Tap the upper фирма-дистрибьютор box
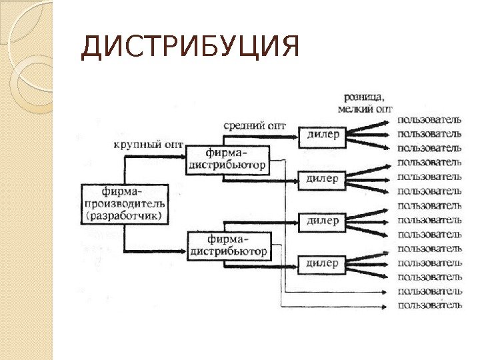(x=228, y=159)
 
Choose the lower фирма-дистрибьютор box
(x=229, y=245)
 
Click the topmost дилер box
(x=322, y=135)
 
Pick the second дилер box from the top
(x=322, y=178)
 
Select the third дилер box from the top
(x=322, y=221)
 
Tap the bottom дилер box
(x=322, y=263)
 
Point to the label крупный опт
(x=148, y=144)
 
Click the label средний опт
(x=255, y=125)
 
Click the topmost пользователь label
(x=429, y=120)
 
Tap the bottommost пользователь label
(x=429, y=306)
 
